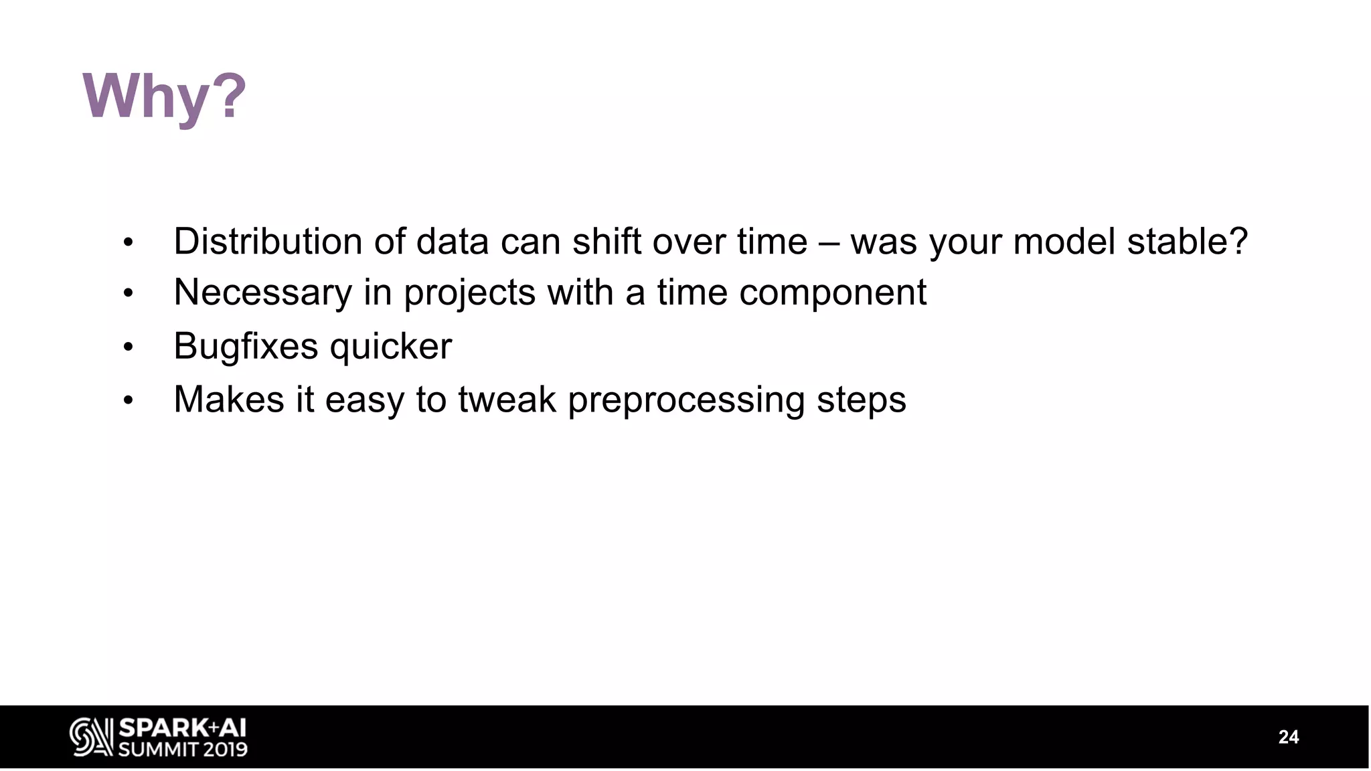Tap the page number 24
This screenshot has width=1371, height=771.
tap(1288, 737)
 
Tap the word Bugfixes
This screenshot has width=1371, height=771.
tap(246, 346)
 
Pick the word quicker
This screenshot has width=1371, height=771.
tap(391, 347)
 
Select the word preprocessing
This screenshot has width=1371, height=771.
tap(686, 400)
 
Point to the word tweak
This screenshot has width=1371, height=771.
tap(507, 400)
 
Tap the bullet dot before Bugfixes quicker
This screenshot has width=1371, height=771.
tap(129, 347)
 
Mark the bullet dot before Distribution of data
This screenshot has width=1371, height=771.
tap(129, 242)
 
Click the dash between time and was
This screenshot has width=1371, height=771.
tap(829, 242)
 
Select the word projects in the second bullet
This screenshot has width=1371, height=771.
tap(469, 293)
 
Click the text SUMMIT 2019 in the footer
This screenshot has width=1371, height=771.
tap(183, 749)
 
